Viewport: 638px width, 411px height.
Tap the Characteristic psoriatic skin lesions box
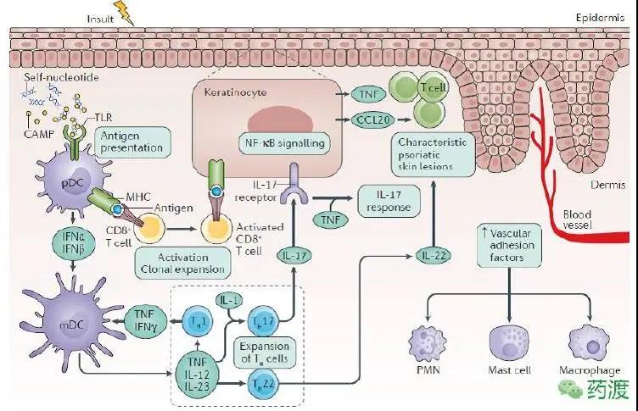pyautogui.click(x=430, y=153)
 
